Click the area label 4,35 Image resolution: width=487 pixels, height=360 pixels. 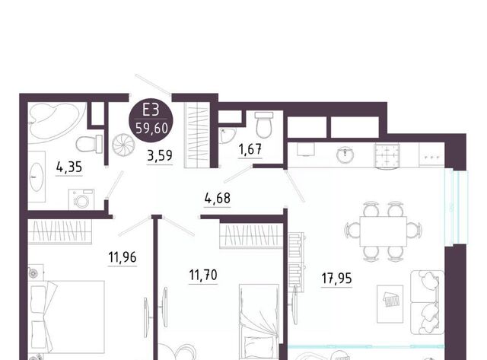click(x=69, y=167)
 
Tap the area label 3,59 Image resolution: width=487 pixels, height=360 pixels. click(x=160, y=155)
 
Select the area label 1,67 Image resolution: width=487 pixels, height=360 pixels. click(x=250, y=149)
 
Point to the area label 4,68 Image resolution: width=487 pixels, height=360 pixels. click(x=218, y=198)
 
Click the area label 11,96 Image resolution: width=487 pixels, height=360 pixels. click(x=123, y=257)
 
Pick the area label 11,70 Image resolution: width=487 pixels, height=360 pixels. click(x=203, y=275)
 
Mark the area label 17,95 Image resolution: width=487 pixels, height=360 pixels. click(x=336, y=279)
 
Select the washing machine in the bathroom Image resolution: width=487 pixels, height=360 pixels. click(x=81, y=199)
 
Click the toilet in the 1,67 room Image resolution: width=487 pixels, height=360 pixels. click(x=264, y=125)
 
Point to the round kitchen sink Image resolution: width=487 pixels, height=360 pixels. click(x=345, y=155)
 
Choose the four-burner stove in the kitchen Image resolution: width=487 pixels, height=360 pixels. click(x=387, y=155)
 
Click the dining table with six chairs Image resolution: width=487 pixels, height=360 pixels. click(x=384, y=231)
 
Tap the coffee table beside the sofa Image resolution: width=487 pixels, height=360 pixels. click(x=390, y=304)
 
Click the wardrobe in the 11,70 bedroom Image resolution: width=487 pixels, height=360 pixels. click(x=251, y=236)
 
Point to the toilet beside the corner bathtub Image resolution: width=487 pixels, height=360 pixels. click(x=89, y=144)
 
